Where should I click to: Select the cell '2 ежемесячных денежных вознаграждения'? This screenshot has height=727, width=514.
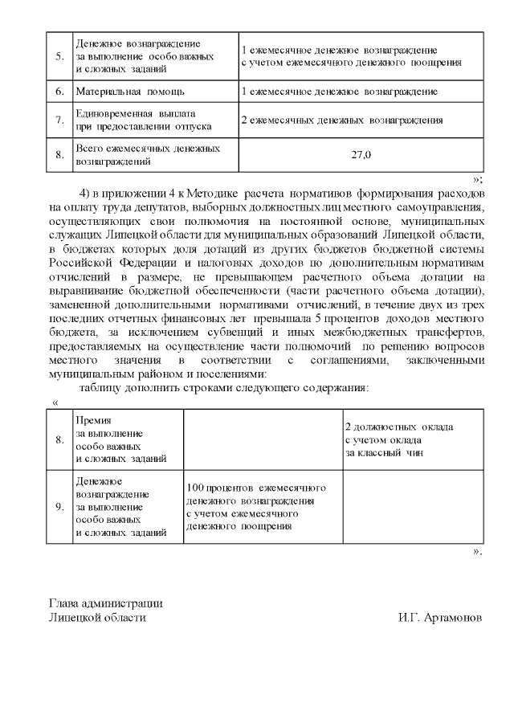(x=342, y=120)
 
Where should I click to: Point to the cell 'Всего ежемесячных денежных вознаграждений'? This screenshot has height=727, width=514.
(x=146, y=155)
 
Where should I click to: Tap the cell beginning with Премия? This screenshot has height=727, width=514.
(x=120, y=439)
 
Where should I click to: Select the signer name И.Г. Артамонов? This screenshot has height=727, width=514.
(x=440, y=619)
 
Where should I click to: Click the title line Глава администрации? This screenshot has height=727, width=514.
(x=105, y=604)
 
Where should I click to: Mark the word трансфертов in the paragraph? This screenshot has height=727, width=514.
(x=446, y=332)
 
